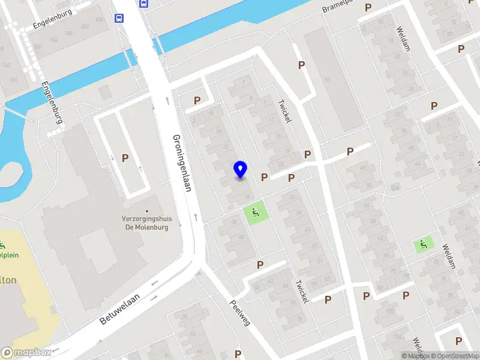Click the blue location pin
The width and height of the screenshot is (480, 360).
click(240, 169)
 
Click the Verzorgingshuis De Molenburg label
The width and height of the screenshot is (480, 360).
click(146, 223)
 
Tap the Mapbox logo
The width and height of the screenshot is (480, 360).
click(26, 353)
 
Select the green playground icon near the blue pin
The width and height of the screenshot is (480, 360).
click(256, 212)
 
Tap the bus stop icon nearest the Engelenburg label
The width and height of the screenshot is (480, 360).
click(119, 18)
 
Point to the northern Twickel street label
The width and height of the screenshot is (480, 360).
click(284, 111)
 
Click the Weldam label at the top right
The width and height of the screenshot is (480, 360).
click(403, 38)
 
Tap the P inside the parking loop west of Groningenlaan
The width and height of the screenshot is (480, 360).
click(125, 158)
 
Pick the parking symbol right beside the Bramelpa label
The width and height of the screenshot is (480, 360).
click(368, 8)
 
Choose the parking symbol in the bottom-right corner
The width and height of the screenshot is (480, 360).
click(459, 341)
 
